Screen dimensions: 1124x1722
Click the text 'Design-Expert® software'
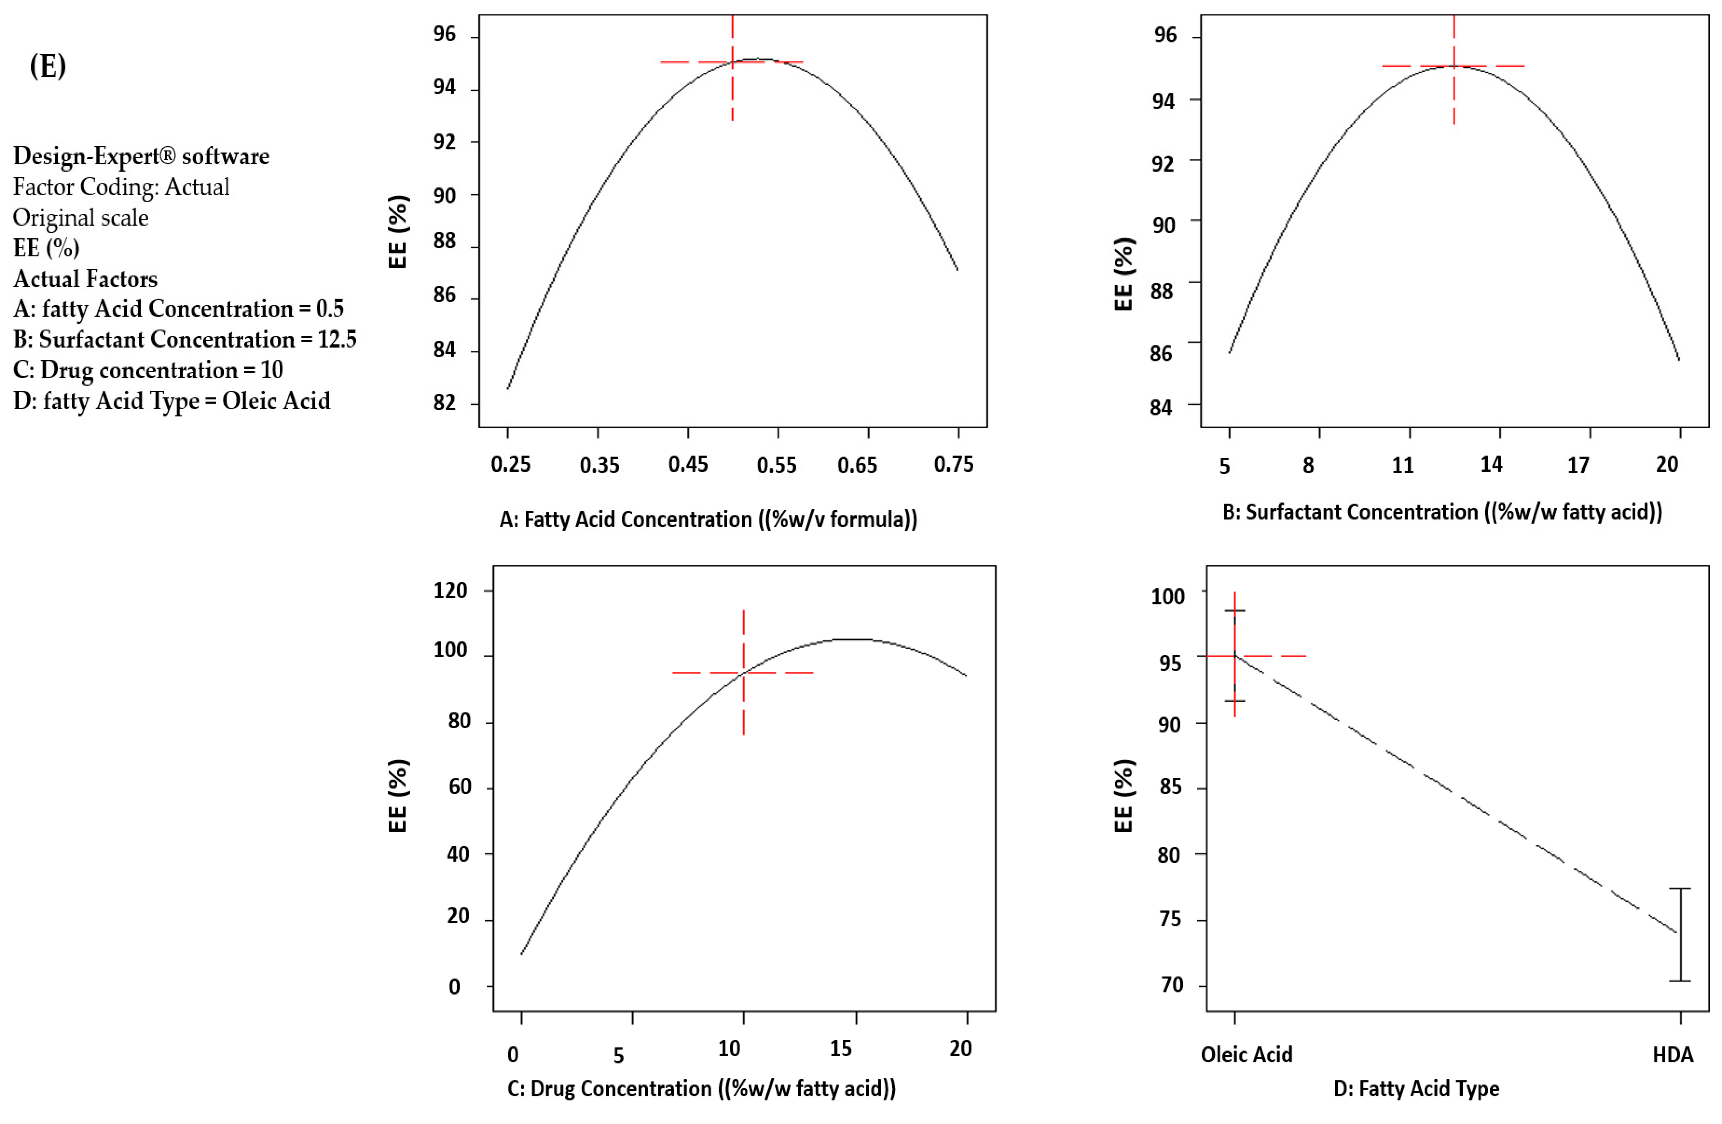click(x=141, y=156)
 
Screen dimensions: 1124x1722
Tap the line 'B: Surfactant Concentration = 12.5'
click(x=184, y=339)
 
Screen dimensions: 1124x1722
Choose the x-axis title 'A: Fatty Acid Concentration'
click(x=708, y=519)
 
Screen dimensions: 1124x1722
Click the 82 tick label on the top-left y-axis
click(x=444, y=403)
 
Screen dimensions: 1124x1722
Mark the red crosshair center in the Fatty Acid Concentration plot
click(x=732, y=62)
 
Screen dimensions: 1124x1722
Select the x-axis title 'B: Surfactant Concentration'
click(x=1442, y=512)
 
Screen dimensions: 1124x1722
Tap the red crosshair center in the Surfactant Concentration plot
click(x=1454, y=66)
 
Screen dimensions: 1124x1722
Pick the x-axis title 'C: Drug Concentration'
click(x=701, y=1089)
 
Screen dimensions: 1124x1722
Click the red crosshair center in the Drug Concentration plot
click(x=743, y=673)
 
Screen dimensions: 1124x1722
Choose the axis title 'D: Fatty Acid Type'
click(x=1416, y=1089)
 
